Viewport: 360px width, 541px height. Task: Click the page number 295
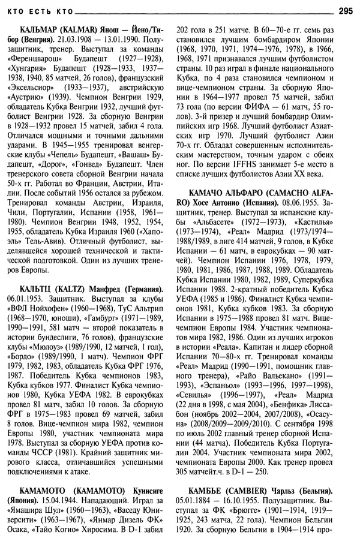coord(346,10)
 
